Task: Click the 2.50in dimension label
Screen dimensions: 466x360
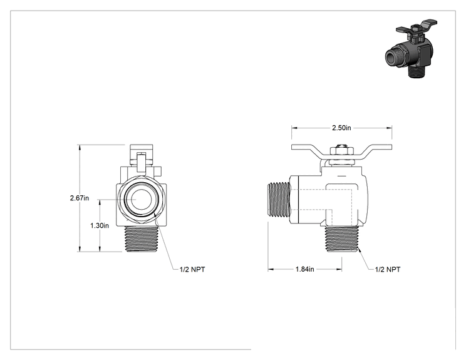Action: [x=341, y=128]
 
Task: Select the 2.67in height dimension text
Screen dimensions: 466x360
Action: [x=80, y=198]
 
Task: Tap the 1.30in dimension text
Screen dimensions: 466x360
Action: [x=100, y=225]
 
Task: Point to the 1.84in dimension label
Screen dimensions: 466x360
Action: [x=304, y=269]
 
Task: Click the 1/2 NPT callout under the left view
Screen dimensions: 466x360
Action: [x=192, y=269]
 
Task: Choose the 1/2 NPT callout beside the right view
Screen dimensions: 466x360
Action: [x=388, y=269]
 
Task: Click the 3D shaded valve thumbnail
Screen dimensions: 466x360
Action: [x=412, y=48]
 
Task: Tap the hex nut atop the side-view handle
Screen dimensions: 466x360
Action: [x=341, y=150]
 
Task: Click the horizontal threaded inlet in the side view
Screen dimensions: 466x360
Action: [x=279, y=199]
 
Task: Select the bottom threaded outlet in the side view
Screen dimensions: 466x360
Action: [x=342, y=239]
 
